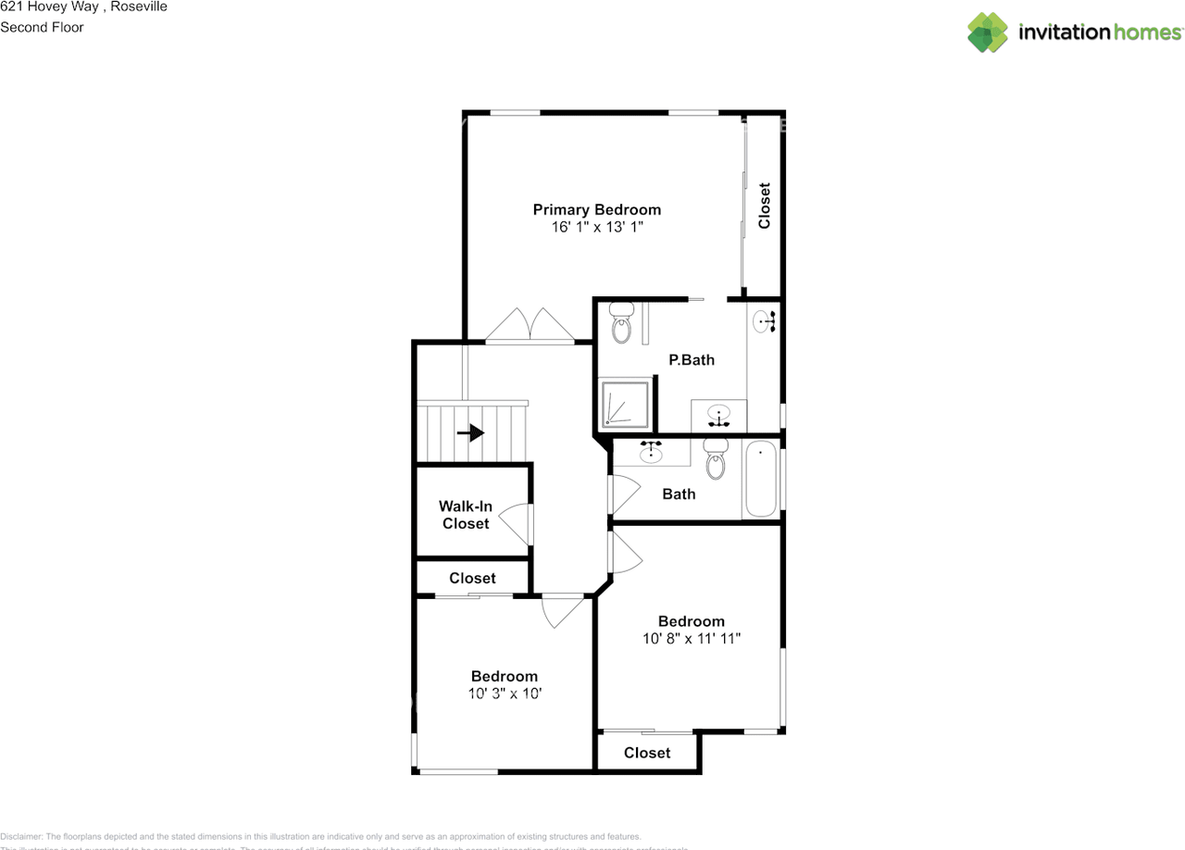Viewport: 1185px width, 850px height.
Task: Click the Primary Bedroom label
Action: click(596, 209)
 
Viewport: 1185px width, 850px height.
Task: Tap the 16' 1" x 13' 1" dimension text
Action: click(596, 226)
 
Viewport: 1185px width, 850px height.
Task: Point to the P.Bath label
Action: click(692, 359)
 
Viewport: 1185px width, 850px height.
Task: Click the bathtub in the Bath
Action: click(761, 479)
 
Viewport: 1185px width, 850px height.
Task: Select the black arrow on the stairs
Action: click(471, 432)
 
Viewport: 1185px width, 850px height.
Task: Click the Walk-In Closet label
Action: click(466, 515)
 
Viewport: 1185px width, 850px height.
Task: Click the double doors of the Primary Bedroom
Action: click(530, 325)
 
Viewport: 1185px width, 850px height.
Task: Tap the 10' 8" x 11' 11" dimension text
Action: click(691, 638)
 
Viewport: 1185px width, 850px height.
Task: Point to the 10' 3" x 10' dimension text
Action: click(504, 693)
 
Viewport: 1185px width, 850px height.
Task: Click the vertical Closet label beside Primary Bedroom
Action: click(764, 206)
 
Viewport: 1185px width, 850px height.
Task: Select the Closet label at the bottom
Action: click(646, 753)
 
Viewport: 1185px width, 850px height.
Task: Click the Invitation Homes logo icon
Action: click(987, 32)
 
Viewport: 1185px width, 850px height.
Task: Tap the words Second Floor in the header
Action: click(42, 27)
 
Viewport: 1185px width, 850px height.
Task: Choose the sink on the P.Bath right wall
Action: click(764, 321)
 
